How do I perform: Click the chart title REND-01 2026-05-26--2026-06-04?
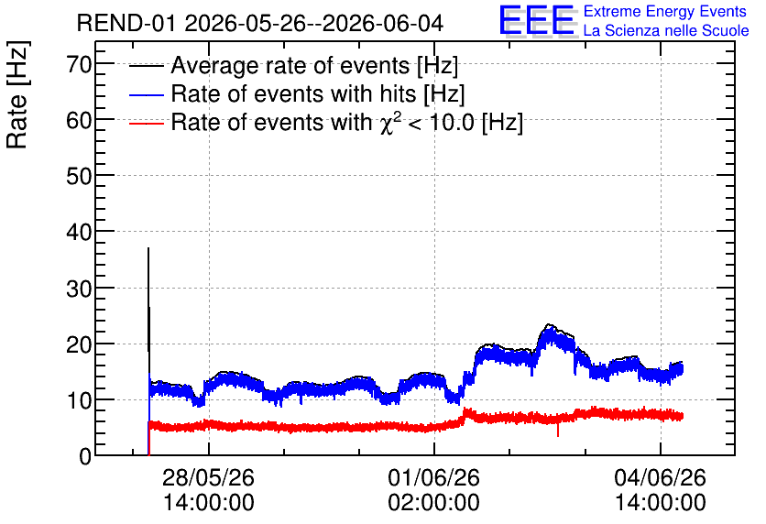(260, 23)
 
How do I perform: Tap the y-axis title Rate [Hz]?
(17, 94)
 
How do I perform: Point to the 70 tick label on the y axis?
(79, 63)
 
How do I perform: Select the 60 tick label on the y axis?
(79, 119)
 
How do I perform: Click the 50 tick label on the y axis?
(79, 175)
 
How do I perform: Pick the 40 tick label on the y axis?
(79, 232)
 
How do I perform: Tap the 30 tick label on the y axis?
(79, 288)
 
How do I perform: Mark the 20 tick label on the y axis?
(79, 344)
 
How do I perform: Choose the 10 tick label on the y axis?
(79, 400)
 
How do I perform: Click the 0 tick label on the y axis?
(85, 456)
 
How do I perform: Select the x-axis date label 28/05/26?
(208, 477)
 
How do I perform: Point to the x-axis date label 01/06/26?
(433, 477)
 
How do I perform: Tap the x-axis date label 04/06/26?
(660, 477)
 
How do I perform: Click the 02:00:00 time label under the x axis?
(433, 502)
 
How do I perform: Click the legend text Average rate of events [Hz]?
(314, 65)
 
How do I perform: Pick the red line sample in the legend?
(146, 123)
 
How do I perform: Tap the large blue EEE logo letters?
(537, 20)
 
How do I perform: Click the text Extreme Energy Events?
(665, 11)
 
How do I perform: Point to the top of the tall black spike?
(148, 248)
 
